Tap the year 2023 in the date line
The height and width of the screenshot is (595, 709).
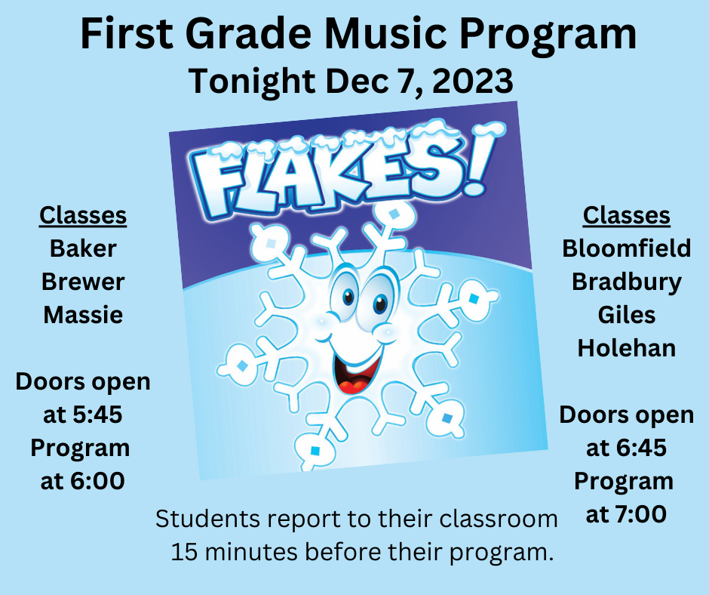(x=472, y=81)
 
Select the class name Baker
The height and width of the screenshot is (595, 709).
(x=83, y=248)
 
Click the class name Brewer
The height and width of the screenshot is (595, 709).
(x=83, y=282)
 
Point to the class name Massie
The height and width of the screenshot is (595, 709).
(x=83, y=315)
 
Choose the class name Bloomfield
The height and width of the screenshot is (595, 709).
(x=626, y=248)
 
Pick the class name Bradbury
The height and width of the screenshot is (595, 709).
(x=626, y=282)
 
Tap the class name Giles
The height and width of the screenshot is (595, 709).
(x=626, y=315)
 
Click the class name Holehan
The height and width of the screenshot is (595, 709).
(x=626, y=348)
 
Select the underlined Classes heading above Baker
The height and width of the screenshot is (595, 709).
(x=83, y=215)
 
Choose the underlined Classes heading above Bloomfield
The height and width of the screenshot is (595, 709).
(x=626, y=215)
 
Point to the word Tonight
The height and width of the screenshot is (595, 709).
(x=252, y=82)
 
